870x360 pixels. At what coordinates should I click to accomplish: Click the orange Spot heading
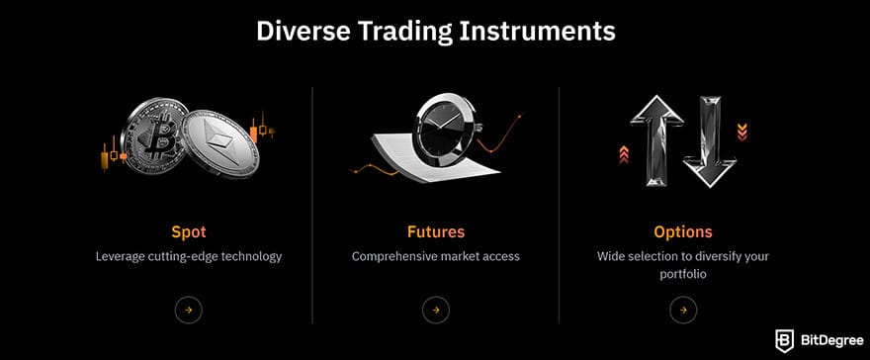pos(188,232)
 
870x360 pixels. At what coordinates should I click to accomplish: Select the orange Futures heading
pos(435,232)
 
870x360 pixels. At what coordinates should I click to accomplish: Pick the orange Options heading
pos(682,232)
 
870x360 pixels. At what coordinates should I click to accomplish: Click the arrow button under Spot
pos(188,310)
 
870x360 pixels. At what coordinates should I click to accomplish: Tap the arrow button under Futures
pos(435,310)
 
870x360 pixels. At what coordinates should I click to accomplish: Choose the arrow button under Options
pos(682,310)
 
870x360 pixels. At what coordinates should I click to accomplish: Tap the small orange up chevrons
pos(624,153)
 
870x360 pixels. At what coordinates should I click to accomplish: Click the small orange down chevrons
pos(741,129)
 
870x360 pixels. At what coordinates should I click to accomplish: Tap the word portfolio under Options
pos(682,274)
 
